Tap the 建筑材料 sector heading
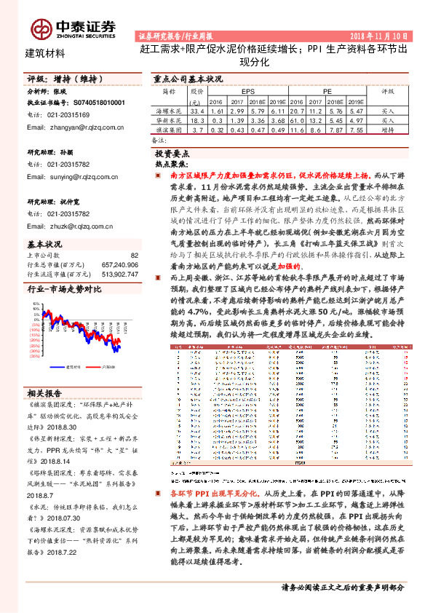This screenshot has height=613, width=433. click(45, 52)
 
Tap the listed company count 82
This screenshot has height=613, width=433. click(134, 256)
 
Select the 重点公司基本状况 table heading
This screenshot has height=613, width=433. click(188, 79)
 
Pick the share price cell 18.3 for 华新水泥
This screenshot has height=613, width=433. click(197, 119)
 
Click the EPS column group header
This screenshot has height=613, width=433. click(247, 92)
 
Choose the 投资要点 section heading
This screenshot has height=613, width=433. click(172, 154)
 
